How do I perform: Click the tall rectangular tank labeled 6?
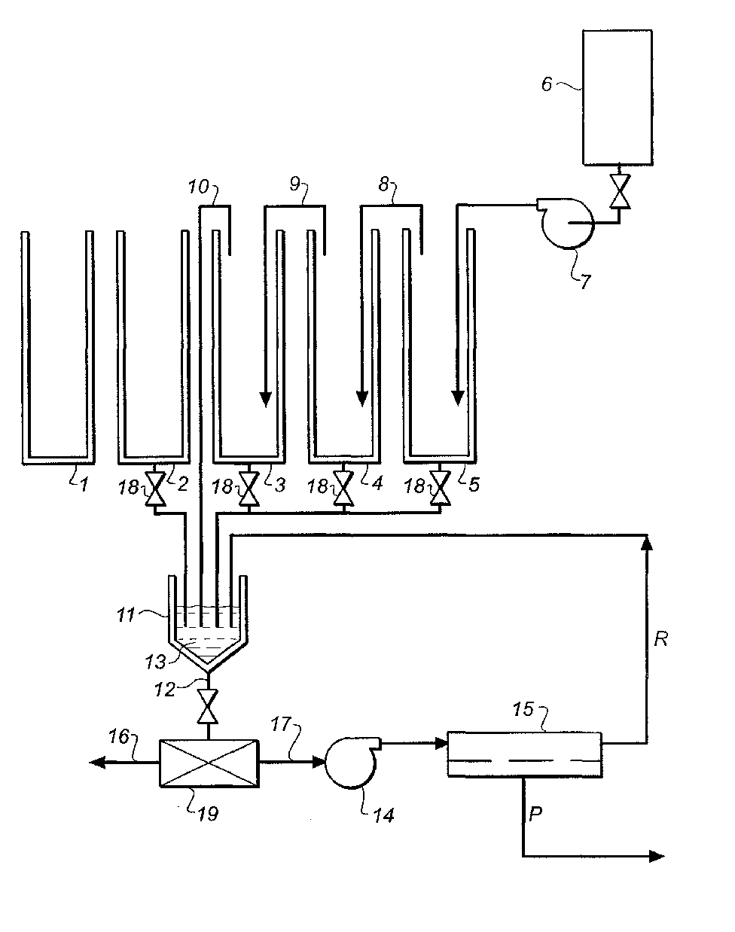617,97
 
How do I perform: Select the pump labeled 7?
566,223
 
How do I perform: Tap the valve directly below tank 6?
620,191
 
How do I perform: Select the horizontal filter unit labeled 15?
524,754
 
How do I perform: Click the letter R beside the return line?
660,639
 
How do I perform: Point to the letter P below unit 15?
535,815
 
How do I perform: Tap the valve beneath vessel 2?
154,489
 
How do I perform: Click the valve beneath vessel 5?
441,489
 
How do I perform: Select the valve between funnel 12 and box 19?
208,707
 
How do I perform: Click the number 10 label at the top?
199,187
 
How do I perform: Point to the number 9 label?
295,184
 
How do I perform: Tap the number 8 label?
384,184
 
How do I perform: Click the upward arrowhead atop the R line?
647,543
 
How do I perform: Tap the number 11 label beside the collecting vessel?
127,615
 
